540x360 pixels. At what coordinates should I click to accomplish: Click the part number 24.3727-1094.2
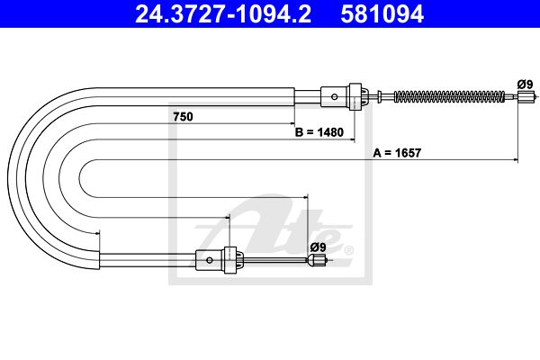point(223,13)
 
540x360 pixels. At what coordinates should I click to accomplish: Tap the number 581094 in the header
point(382,13)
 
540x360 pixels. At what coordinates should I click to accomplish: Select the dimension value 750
point(183,117)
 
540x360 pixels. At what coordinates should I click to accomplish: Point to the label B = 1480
point(319,132)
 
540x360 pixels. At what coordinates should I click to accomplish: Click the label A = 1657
point(397,153)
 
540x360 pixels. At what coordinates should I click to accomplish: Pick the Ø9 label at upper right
point(526,85)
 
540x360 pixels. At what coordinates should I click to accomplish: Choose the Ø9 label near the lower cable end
point(318,247)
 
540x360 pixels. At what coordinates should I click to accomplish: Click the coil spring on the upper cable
point(449,96)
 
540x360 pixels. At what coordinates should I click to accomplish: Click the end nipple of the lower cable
point(317,260)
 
